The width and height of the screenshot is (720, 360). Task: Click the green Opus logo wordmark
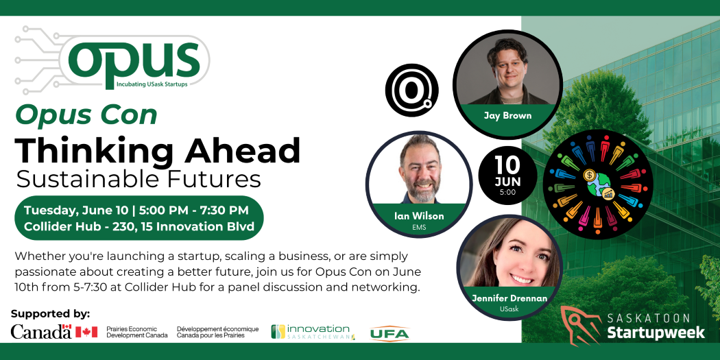tap(134, 60)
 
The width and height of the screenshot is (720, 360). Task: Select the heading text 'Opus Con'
tap(86, 116)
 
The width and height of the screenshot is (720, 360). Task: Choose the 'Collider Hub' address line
tap(139, 226)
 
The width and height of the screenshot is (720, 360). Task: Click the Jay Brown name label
tap(507, 115)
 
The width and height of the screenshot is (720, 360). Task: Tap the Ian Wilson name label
tap(419, 216)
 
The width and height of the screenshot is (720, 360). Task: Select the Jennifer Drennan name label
tap(509, 298)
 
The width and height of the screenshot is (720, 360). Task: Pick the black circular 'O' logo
tap(411, 91)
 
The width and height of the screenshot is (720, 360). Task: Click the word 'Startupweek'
tap(656, 333)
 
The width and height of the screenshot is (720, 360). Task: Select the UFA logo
tap(389, 333)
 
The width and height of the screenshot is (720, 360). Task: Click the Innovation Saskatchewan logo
tap(313, 332)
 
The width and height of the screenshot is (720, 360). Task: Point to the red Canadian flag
tap(86, 332)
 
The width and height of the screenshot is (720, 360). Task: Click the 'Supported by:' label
tap(51, 315)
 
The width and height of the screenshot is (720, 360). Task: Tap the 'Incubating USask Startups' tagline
tap(152, 85)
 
